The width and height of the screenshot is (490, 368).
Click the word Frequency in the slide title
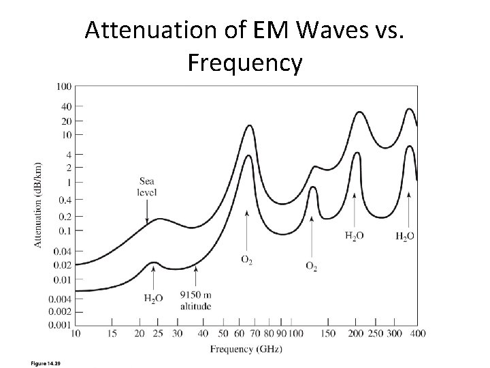(244, 63)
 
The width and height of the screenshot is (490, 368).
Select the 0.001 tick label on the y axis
(61, 325)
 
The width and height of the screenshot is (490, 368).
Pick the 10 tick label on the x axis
(75, 334)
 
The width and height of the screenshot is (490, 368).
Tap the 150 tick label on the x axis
(328, 334)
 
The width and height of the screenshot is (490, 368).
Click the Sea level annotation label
(147, 187)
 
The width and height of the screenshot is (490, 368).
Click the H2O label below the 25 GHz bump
(154, 298)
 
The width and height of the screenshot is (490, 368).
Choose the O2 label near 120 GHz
(311, 265)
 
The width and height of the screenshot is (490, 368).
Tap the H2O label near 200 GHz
(355, 236)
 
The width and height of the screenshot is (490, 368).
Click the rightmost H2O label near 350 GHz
(405, 236)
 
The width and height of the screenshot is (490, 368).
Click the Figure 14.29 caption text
(46, 362)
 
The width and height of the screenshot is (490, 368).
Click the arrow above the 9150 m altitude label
(196, 278)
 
